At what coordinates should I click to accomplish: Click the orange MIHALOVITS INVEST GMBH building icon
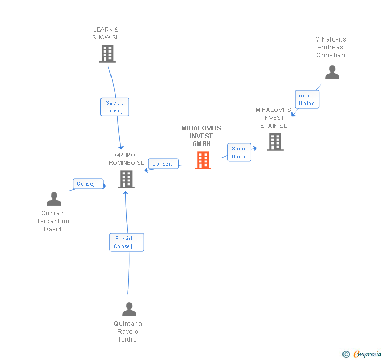tap(203, 160)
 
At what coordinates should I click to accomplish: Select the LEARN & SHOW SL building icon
tap(107, 54)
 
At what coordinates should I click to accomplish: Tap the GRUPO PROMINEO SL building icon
tap(126, 179)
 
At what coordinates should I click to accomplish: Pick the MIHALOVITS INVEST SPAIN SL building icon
tap(275, 142)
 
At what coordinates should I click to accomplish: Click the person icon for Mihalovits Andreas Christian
tap(332, 73)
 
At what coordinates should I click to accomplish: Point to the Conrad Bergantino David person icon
tap(54, 199)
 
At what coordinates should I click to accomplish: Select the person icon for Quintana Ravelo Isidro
tap(129, 309)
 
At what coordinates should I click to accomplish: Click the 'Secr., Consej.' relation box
tap(115, 107)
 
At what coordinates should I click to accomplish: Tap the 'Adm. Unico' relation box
tap(306, 99)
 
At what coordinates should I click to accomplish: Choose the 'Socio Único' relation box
tap(239, 152)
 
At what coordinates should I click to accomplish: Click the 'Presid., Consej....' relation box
tap(127, 242)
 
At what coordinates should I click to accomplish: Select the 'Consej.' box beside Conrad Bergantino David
tap(86, 184)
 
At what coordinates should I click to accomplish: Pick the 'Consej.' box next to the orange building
tap(162, 164)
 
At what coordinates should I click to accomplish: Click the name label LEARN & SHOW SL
tap(106, 34)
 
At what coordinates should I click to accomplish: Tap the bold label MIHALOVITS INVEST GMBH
tap(201, 136)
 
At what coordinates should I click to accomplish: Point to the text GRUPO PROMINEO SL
tap(124, 159)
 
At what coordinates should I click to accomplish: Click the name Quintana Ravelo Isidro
tap(128, 332)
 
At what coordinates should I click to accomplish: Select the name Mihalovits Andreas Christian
tap(330, 47)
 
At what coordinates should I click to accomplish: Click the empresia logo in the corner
tap(362, 354)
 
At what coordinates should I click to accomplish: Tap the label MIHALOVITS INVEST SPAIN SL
tap(273, 118)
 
